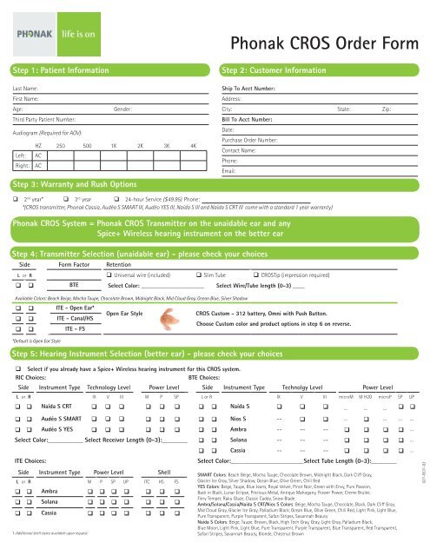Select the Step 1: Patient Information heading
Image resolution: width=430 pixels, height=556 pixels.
click(60, 69)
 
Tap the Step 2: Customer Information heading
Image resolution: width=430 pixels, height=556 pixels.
click(276, 69)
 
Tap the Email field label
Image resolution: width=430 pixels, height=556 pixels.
click(230, 169)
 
